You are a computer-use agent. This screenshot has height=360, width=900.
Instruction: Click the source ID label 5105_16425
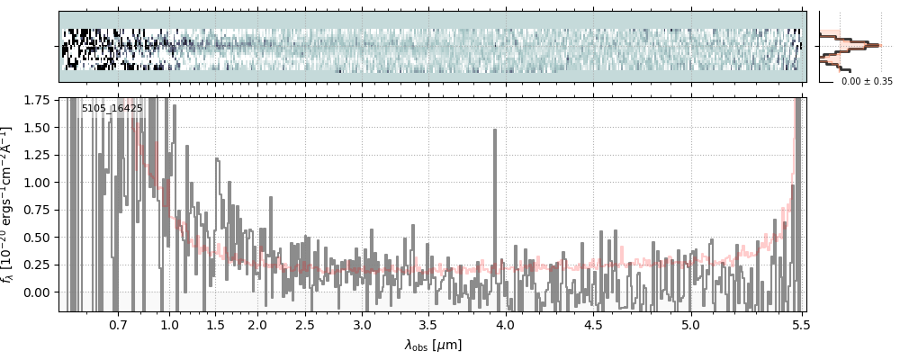pos(112,109)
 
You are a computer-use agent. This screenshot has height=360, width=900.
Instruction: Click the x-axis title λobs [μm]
pos(433,345)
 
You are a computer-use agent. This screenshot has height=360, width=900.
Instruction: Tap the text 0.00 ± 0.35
pos(867,81)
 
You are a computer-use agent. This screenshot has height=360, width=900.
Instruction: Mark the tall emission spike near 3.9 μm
pos(495,131)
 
